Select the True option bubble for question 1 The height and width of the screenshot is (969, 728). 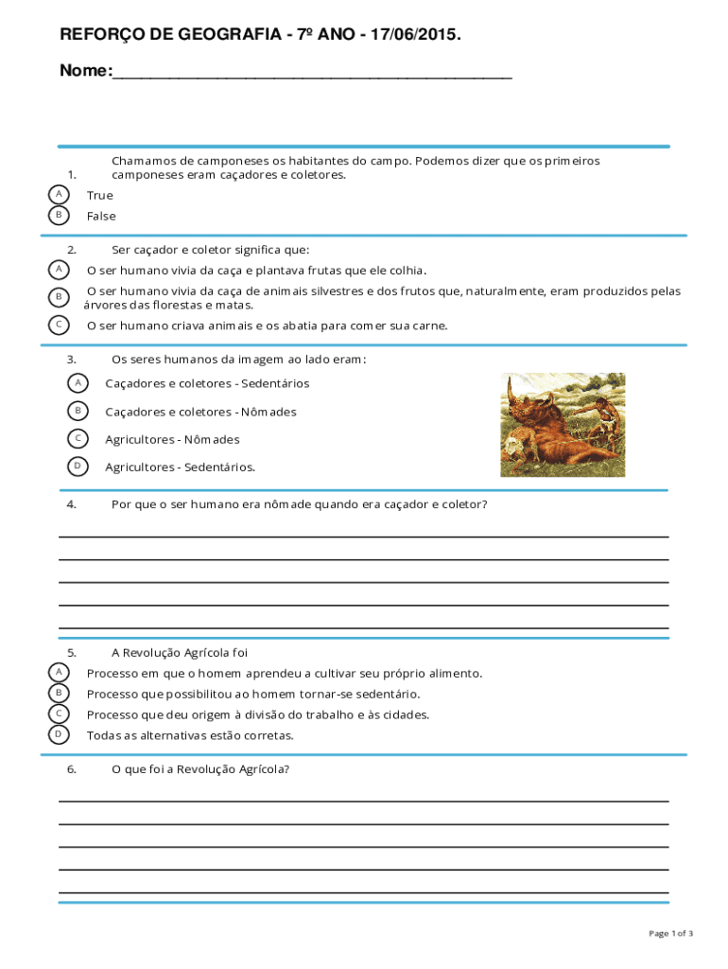click(x=59, y=194)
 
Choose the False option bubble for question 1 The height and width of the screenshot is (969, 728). click(x=59, y=215)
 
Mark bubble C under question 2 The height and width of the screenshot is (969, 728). click(x=59, y=325)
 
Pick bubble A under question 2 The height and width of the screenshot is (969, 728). click(x=59, y=270)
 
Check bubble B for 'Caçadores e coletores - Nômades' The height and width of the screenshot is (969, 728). click(x=78, y=411)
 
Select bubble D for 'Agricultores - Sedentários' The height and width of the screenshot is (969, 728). click(x=78, y=466)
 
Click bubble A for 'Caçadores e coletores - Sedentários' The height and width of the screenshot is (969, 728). click(x=78, y=382)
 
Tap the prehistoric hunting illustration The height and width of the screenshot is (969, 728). click(x=563, y=424)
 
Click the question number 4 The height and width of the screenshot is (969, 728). click(x=72, y=504)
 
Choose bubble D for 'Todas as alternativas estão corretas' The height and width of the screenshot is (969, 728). click(x=59, y=734)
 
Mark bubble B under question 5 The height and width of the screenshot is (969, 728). click(x=59, y=694)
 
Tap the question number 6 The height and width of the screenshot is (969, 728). click(x=72, y=769)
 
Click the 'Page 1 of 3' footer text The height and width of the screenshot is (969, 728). click(x=670, y=934)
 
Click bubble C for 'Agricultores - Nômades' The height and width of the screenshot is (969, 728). click(x=78, y=438)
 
